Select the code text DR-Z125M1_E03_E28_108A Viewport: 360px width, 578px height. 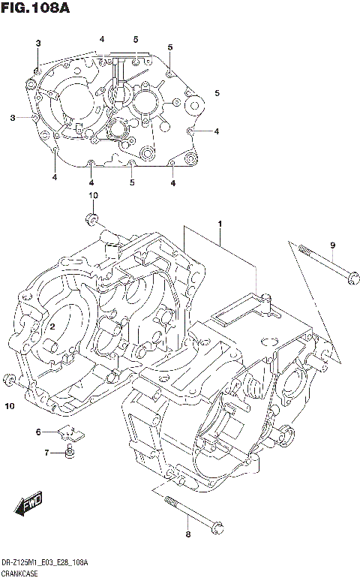45,562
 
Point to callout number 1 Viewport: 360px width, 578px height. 220,224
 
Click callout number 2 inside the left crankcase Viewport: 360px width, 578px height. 53,327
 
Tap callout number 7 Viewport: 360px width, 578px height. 46,453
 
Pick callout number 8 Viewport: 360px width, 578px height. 188,534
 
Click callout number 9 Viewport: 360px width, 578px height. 332,245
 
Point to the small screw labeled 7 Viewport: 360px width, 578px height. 68,452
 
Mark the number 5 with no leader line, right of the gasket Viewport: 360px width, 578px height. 217,93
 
